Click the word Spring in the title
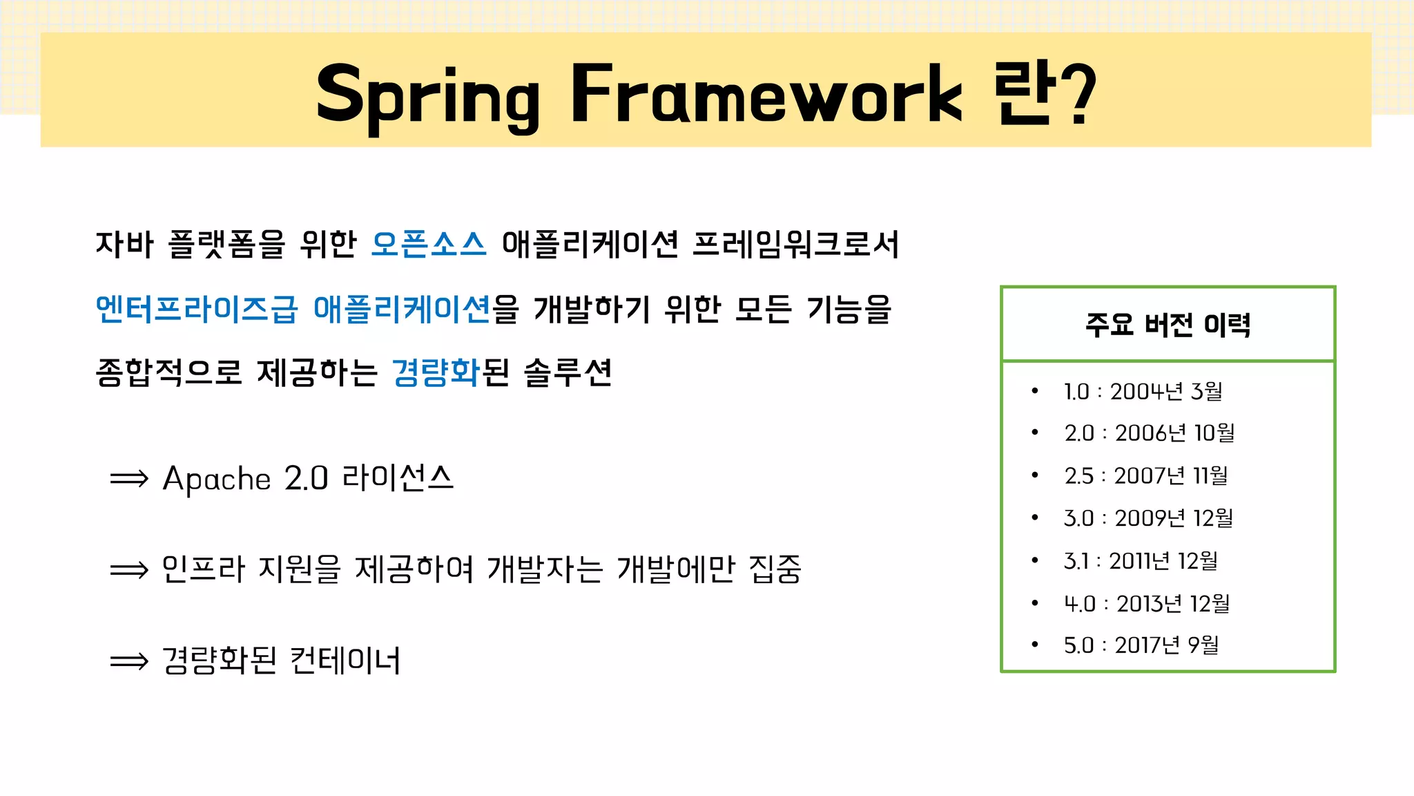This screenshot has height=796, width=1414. click(427, 95)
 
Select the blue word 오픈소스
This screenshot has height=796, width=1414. click(429, 245)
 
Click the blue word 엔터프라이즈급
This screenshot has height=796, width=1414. click(197, 309)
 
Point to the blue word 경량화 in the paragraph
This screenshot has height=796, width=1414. click(436, 372)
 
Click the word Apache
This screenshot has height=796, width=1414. click(216, 479)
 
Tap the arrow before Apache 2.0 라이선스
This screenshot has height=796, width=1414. click(129, 479)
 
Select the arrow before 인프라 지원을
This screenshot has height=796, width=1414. click(129, 570)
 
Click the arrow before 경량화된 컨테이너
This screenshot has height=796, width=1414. click(129, 661)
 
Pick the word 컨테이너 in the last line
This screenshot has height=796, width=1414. click(345, 661)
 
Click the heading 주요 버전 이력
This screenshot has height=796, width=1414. click(1168, 324)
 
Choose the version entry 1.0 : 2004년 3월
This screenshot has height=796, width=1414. click(1143, 392)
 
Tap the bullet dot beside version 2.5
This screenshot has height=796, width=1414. click(1035, 475)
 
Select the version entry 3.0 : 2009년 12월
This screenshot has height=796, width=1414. click(1148, 518)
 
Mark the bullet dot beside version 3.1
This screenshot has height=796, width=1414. click(1035, 560)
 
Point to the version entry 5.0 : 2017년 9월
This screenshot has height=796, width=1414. click(1141, 645)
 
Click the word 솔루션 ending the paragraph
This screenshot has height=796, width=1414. click(568, 372)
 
